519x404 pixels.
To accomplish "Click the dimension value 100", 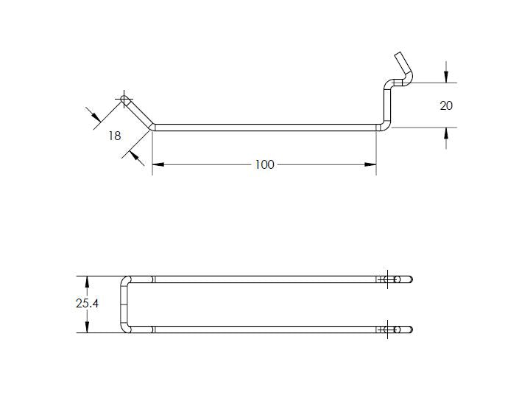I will tap(264, 164).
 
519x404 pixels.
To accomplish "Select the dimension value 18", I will tap(114, 136).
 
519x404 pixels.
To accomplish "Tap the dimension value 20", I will tap(446, 105).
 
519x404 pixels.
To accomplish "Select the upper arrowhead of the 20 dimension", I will tap(446, 77).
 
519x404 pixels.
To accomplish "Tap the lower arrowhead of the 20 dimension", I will tap(446, 132).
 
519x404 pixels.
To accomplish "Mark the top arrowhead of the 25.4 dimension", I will tap(88, 282).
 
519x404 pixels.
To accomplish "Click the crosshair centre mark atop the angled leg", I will tap(124, 99).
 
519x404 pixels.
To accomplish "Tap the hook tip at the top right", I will tap(399, 55).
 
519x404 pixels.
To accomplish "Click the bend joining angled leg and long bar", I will tap(152, 126).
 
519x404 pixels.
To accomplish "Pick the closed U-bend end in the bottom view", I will tap(124, 304).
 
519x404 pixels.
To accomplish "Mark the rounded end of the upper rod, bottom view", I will tap(410, 279).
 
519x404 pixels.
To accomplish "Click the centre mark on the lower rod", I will tap(386, 329).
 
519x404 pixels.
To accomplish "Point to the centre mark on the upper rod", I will tap(386, 279).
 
